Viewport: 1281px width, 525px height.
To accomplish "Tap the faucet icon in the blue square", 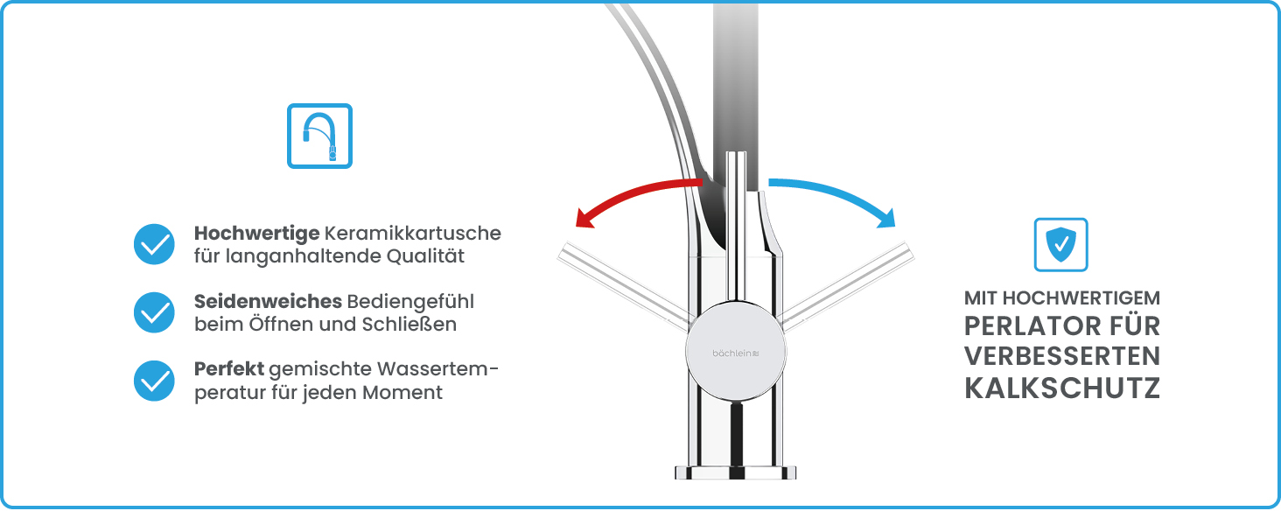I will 319,136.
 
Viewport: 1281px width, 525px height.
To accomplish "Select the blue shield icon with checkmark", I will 1060,244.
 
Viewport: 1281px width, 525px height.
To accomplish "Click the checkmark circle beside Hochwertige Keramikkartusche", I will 155,244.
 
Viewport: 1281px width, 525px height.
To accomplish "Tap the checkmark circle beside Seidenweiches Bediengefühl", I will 155,311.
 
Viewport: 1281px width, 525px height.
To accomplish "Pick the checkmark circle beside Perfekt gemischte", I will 155,380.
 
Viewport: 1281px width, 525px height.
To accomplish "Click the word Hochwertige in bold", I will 255,234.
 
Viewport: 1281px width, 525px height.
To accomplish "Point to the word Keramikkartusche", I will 412,234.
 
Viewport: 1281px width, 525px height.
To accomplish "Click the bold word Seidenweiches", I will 268,301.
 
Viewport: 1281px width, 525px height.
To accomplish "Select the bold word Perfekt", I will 228,368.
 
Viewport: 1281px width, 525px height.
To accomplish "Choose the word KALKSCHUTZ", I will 1062,388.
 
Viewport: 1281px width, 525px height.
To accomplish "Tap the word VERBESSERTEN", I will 1062,357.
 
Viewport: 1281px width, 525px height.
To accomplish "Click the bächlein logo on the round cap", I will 735,352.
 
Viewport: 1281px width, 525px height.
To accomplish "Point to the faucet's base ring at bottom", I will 736,472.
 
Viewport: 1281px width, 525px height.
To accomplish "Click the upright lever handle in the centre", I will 737,227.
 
